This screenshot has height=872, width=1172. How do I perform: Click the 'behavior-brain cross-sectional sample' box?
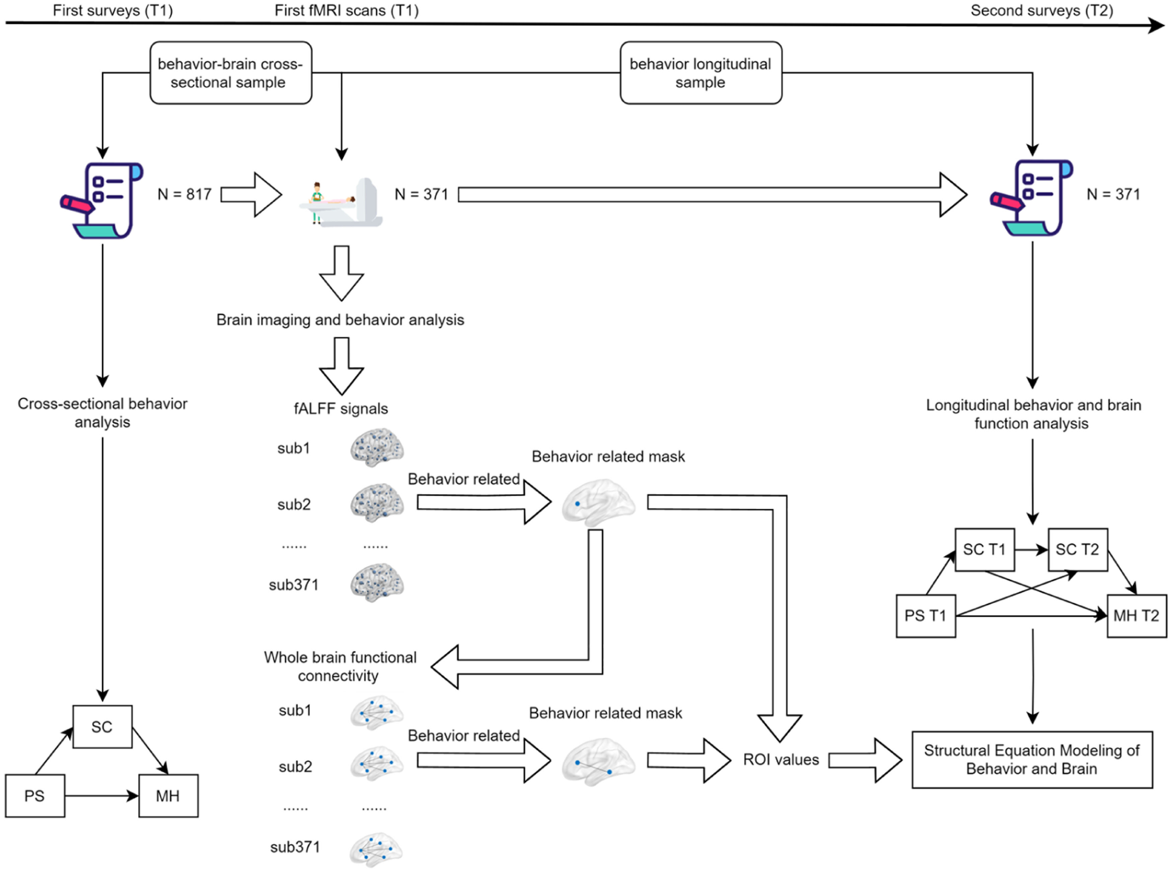[230, 73]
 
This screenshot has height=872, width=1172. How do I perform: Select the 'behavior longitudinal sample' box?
[701, 73]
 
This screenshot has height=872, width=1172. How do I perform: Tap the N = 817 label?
[184, 194]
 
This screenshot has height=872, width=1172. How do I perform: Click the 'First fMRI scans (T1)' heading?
[347, 11]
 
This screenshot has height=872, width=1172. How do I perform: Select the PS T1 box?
[925, 616]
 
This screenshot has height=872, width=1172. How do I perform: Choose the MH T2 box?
[1136, 616]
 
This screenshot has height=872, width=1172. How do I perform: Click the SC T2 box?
[1077, 550]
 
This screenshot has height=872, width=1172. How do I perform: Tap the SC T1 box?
[984, 550]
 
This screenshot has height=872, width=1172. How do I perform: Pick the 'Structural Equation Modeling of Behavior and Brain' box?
[1032, 760]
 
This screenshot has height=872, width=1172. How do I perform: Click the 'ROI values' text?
[781, 760]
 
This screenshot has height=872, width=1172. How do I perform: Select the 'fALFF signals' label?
[341, 409]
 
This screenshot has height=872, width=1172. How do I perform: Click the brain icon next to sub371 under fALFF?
[377, 583]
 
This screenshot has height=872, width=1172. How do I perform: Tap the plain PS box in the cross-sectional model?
[35, 796]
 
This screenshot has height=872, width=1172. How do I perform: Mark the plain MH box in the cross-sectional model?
[168, 796]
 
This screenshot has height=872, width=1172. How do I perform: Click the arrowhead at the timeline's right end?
[1156, 25]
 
